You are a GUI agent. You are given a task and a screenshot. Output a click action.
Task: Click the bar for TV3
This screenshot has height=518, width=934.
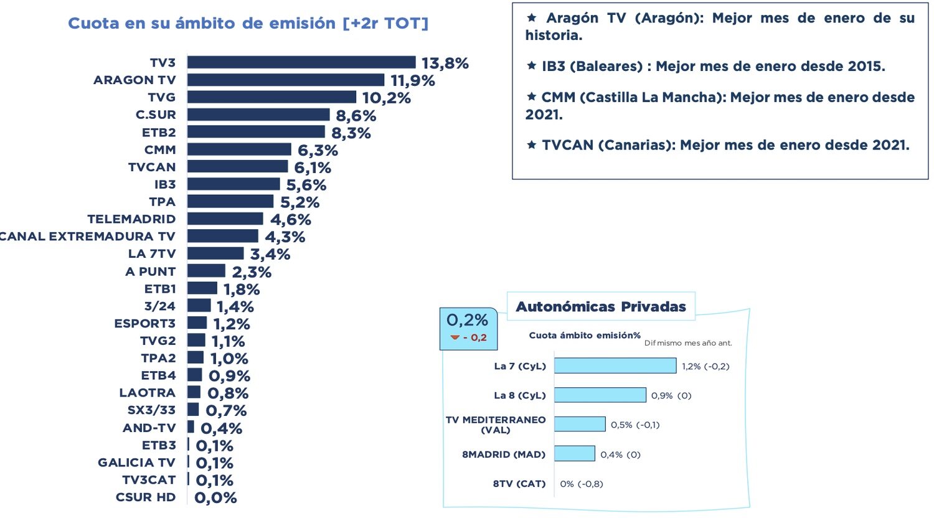[301, 62]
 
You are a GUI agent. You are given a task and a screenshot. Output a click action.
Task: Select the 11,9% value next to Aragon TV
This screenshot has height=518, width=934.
[412, 80]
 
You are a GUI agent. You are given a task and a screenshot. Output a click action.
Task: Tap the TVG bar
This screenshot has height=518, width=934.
[271, 97]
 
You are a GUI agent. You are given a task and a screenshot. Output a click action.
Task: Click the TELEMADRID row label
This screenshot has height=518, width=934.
[131, 219]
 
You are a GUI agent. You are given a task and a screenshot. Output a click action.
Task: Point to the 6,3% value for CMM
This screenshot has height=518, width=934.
[318, 150]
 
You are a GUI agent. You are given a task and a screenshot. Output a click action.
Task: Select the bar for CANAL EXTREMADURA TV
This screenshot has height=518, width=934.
[222, 236]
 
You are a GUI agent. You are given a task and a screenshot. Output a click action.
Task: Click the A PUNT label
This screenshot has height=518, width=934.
[150, 271]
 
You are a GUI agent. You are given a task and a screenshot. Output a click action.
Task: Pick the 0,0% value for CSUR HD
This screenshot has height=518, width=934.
[215, 497]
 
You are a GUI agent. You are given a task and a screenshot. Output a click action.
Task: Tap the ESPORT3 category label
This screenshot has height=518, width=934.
[144, 324]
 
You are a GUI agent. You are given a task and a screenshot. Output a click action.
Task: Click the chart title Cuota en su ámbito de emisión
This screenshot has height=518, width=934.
[248, 23]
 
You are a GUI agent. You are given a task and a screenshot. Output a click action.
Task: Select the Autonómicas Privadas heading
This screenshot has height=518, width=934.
[600, 306]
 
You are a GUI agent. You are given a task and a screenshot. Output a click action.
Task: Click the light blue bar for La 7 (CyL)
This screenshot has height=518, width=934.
[615, 365]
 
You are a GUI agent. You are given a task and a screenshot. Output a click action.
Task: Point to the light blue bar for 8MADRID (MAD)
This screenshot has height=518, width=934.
[574, 454]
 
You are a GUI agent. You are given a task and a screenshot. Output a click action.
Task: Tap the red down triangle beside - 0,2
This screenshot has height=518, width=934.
[455, 337]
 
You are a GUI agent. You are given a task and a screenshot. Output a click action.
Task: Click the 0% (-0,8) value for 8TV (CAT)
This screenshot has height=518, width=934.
[581, 484]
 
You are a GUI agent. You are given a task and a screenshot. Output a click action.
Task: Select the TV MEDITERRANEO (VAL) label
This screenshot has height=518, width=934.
[496, 425]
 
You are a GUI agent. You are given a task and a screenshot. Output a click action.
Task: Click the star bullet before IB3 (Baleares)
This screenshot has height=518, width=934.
[531, 66]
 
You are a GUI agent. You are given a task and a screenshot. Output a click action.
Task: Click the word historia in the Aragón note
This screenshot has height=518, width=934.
[553, 35]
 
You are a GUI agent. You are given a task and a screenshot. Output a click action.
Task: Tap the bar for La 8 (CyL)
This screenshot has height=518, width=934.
[600, 395]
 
